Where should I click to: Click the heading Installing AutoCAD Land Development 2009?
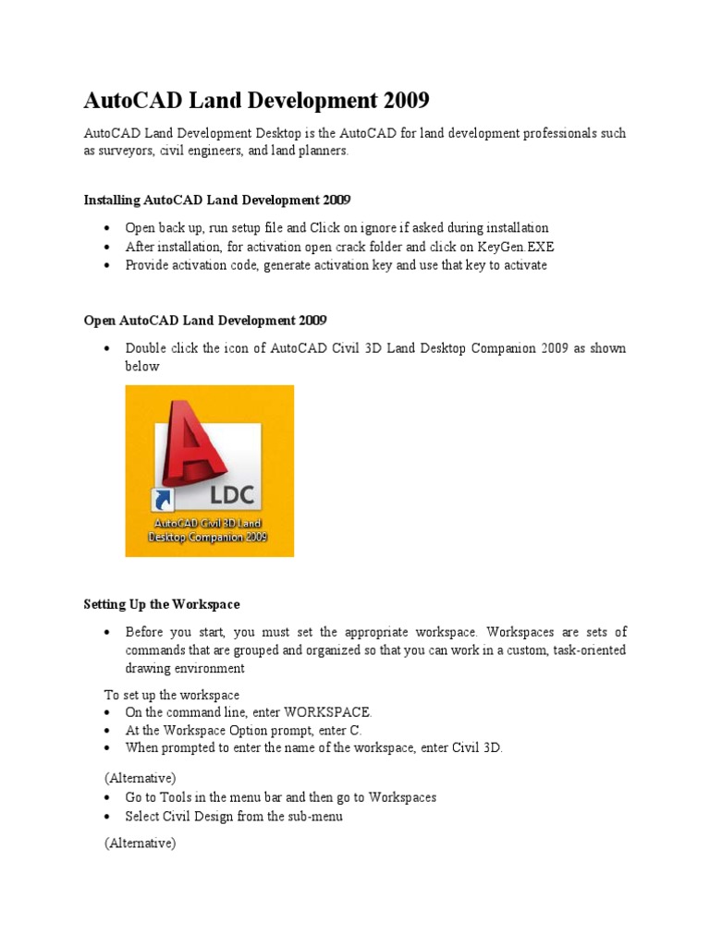point(217,200)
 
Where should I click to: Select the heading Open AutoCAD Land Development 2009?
point(205,321)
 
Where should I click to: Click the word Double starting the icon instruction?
point(147,348)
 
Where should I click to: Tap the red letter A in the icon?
point(196,448)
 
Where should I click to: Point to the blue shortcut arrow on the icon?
point(163,500)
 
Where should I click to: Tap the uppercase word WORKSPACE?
point(327,712)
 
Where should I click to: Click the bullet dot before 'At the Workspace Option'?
point(108,731)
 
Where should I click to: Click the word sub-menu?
point(316,817)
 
